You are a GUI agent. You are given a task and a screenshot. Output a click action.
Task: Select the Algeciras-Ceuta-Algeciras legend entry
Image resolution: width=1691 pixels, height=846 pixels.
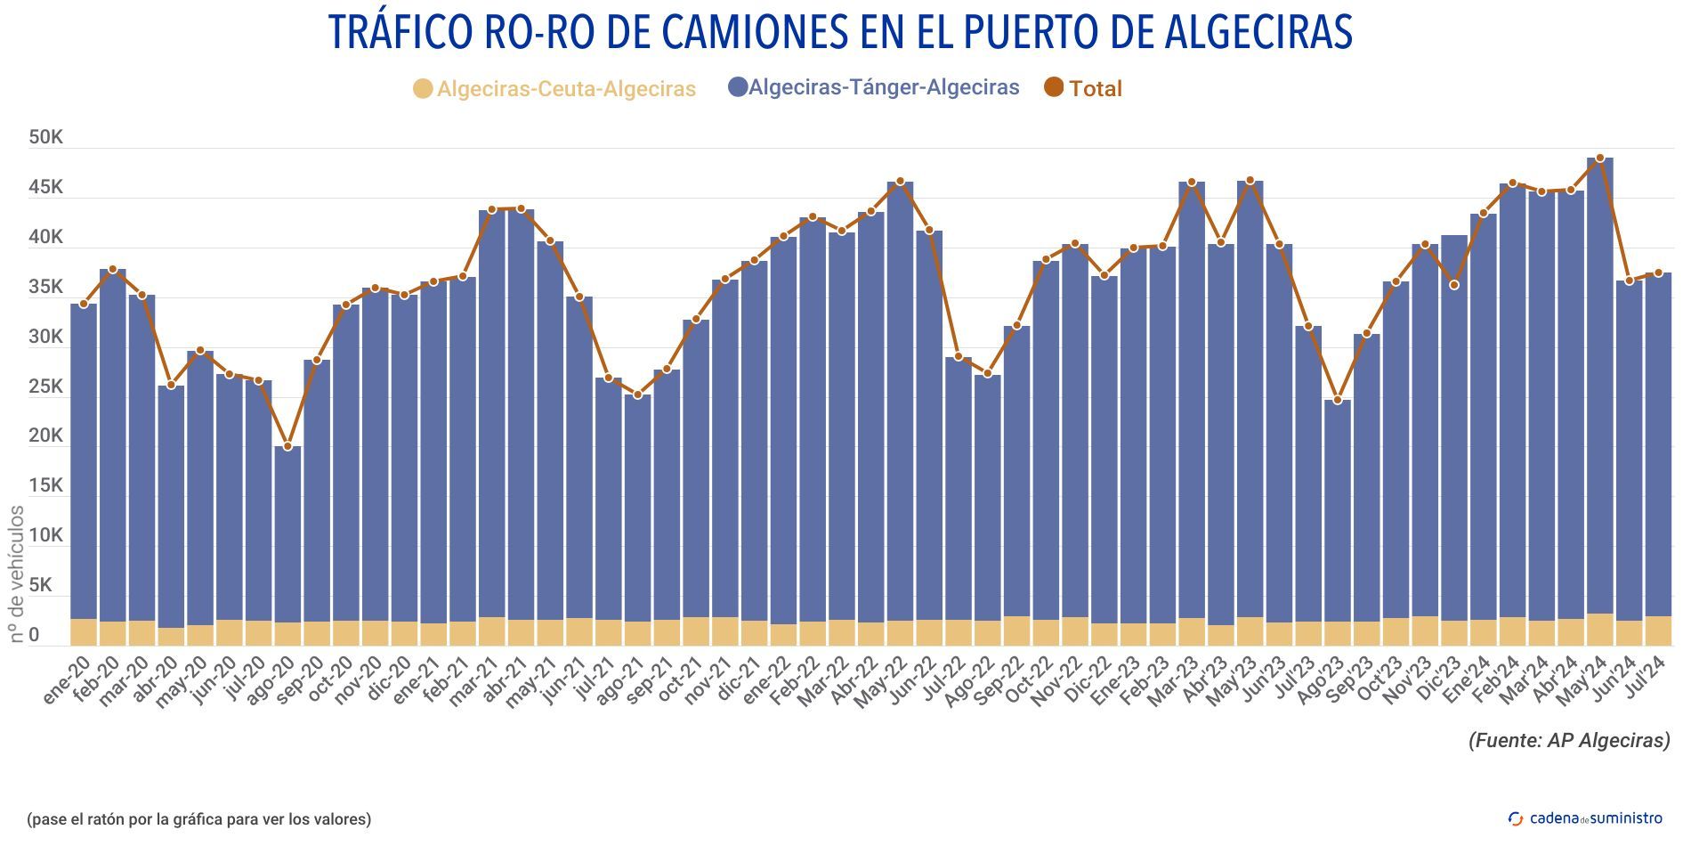(555, 89)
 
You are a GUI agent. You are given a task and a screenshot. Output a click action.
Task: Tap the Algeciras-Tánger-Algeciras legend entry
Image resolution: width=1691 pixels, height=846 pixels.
(874, 87)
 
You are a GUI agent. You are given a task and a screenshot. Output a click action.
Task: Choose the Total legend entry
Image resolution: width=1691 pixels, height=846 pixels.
(1084, 88)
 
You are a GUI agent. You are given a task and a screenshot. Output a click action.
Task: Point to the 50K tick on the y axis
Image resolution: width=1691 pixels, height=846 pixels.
(45, 138)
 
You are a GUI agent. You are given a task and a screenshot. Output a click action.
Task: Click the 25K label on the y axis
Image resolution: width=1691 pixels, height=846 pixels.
(45, 387)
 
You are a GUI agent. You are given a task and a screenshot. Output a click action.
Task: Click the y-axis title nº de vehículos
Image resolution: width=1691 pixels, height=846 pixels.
(17, 574)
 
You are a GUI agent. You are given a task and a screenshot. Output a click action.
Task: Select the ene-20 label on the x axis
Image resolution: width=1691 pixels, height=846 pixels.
(67, 680)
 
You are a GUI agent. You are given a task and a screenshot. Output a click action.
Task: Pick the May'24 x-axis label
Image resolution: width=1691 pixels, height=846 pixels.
(1584, 682)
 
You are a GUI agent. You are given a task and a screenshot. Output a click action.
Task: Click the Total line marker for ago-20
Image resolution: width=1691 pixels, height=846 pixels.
(287, 445)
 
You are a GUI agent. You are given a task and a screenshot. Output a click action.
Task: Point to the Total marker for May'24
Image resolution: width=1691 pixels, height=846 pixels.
(1599, 159)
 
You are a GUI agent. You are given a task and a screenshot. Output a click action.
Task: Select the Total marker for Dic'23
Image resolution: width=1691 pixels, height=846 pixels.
(1453, 285)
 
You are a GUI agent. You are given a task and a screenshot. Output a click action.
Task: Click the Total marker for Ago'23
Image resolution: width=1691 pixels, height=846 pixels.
(1337, 400)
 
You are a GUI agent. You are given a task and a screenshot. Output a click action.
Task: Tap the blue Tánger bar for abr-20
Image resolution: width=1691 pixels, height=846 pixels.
(171, 508)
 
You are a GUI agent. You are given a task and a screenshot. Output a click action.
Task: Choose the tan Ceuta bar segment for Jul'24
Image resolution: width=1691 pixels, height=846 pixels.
(1657, 630)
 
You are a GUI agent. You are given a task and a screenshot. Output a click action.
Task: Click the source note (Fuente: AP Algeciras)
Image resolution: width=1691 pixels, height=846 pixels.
(1568, 740)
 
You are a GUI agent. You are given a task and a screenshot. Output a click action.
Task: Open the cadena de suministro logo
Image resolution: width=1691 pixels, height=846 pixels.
(1585, 818)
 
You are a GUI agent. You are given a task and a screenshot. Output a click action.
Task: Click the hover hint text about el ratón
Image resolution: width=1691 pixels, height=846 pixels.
(199, 818)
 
